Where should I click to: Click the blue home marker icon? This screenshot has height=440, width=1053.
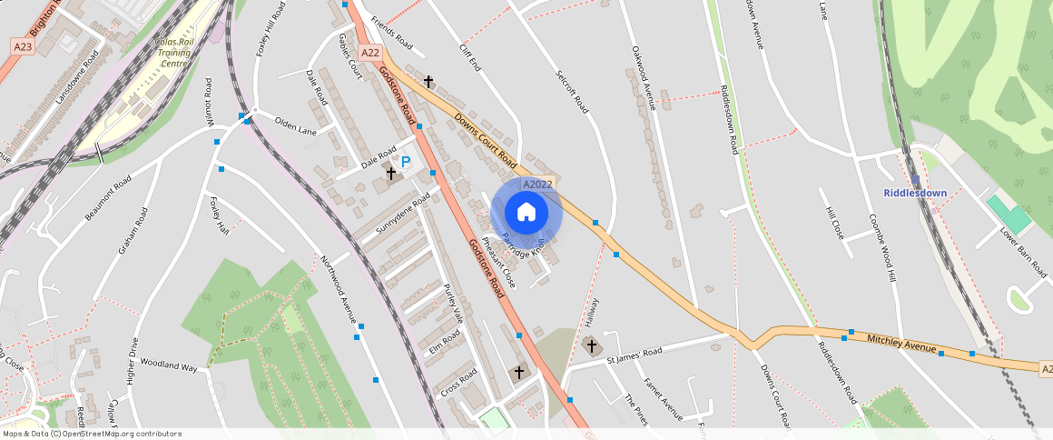[x=526, y=213]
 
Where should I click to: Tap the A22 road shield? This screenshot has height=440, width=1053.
[x=370, y=53]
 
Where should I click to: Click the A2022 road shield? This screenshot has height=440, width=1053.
[x=536, y=185]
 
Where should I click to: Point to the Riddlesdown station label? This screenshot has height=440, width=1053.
[x=915, y=193]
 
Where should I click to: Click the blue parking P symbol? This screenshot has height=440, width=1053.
[x=406, y=162]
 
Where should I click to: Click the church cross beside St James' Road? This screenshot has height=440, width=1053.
[x=591, y=345]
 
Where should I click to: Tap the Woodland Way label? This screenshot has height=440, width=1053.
[x=169, y=367]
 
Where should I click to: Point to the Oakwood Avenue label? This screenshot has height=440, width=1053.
[x=643, y=77]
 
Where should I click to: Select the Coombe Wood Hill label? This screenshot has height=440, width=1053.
[x=883, y=247]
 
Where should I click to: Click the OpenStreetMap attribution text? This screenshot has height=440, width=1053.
[x=91, y=434]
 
